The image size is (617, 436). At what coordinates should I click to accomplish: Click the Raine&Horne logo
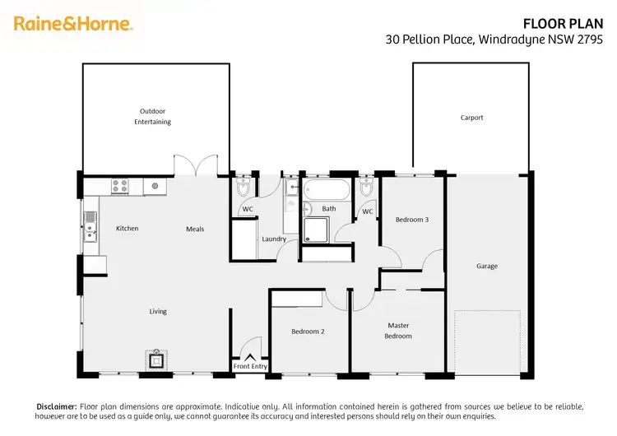73,24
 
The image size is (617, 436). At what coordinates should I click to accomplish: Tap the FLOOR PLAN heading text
569,24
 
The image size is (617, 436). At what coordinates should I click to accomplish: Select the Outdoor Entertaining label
153,116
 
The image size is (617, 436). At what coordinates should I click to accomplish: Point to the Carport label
471,118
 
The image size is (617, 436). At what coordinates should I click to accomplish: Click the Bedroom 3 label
411,220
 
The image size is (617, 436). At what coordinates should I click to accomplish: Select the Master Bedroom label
398,330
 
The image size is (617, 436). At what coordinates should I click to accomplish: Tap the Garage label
487,266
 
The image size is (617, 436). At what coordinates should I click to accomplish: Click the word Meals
194,229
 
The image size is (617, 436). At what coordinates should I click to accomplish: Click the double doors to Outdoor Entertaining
196,165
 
